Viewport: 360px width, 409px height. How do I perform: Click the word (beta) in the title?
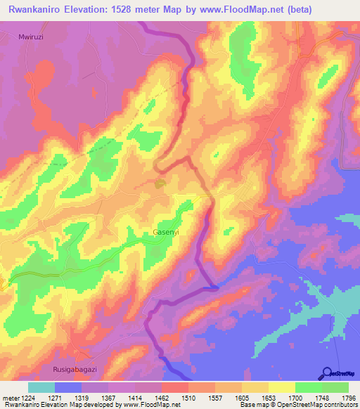297,8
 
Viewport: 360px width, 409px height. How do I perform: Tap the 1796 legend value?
349,397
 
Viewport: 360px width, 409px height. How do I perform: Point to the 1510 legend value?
188,397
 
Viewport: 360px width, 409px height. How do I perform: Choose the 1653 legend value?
269,397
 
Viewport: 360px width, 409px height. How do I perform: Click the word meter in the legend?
10,397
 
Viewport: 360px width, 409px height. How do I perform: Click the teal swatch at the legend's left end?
41,387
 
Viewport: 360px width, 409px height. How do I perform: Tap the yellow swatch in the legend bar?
281,387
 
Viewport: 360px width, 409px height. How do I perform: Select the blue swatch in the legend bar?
68,387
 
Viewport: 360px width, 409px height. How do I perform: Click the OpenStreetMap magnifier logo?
327,373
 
